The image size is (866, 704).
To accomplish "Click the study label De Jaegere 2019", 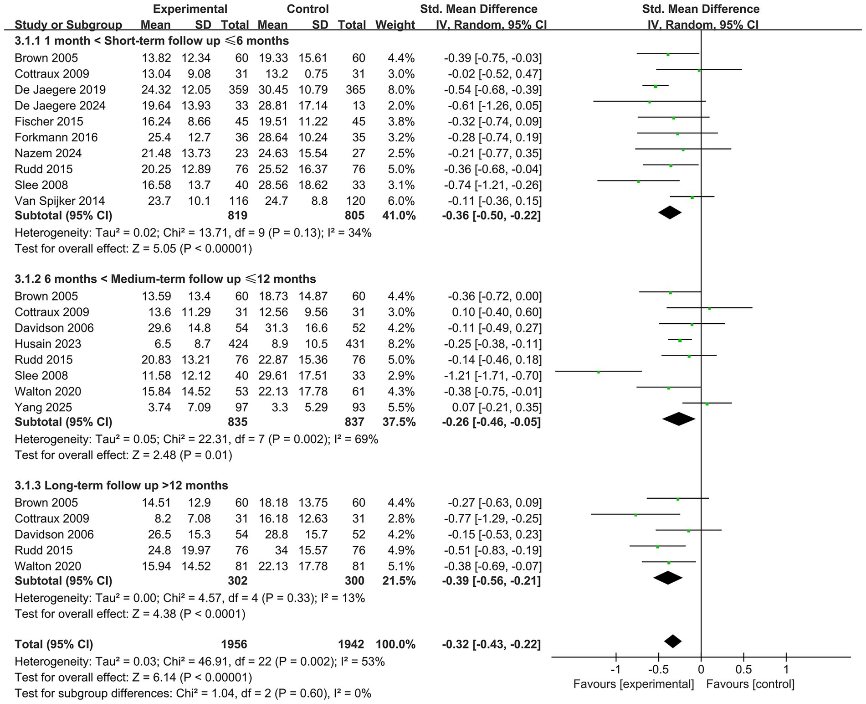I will (60, 90).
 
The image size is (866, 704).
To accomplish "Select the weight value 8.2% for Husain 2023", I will (401, 344).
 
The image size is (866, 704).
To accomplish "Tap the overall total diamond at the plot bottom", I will (673, 642).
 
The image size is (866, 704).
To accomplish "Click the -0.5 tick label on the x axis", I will (658, 670).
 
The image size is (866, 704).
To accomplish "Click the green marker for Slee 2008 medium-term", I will (599, 372).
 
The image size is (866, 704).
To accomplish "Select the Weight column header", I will (395, 25).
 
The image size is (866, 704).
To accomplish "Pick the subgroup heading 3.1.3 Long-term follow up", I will (121, 485).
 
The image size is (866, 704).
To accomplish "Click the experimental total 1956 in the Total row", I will (234, 644).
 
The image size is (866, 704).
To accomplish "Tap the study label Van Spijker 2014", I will (60, 201).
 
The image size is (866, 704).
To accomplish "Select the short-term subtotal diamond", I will (670, 212).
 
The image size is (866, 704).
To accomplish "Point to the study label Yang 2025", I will (43, 407).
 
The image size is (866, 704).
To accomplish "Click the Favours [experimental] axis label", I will (634, 684).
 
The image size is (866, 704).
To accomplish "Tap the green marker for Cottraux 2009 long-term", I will (635, 515).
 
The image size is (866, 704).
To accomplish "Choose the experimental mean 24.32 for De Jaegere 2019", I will (156, 90).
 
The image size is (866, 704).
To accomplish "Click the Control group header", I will (307, 9).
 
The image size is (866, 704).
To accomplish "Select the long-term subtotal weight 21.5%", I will (395, 581).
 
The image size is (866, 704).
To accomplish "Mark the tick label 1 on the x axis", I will (786, 670).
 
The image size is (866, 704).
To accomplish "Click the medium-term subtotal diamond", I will (679, 419).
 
